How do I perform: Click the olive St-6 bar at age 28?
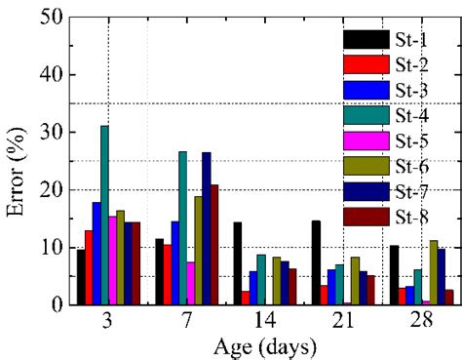(433, 272)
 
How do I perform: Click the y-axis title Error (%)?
(16, 161)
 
